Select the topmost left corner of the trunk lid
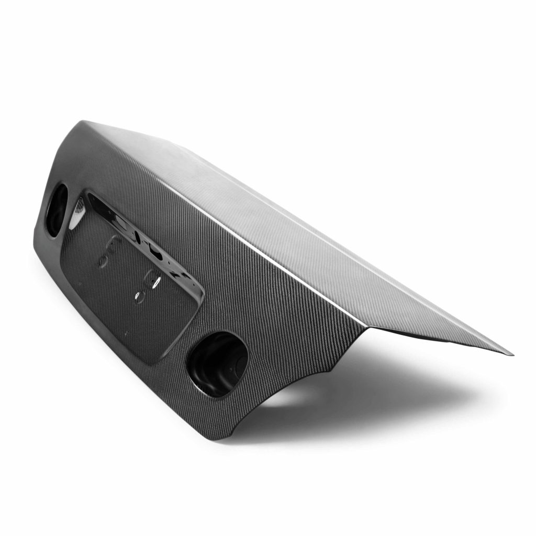82,123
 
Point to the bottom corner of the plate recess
152,361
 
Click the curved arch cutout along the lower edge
283,398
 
